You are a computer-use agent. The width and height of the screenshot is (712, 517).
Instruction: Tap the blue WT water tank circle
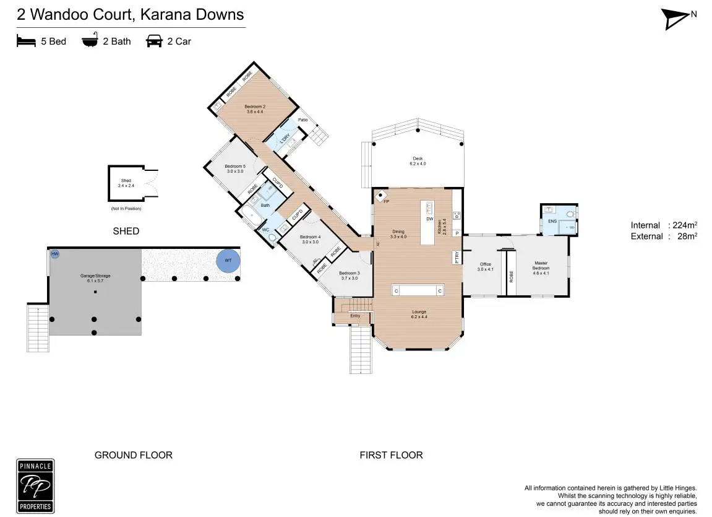tap(228, 260)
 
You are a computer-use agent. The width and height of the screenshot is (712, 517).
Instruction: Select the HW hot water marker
tap(55, 254)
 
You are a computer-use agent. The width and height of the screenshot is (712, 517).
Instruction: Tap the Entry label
tap(355, 316)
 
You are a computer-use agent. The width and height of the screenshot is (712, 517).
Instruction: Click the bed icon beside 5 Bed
tap(26, 41)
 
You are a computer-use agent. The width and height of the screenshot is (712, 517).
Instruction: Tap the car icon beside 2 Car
tap(153, 41)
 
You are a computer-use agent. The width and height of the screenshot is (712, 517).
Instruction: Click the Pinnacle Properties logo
tap(35, 486)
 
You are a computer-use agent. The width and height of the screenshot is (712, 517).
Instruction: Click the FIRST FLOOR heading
tap(391, 455)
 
